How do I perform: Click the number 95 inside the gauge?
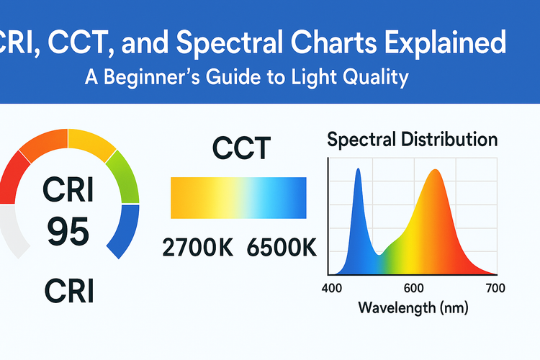pos(69,233)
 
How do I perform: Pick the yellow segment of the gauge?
pos(91,143)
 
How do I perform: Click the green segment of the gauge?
pos(123,177)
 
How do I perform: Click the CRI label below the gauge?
pos(68,293)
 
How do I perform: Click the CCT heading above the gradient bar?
pos(240,148)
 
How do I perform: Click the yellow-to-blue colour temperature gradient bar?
pos(238,197)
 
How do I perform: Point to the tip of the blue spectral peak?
pos(358,169)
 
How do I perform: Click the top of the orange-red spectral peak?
pos(434,171)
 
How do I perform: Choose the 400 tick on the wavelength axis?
pos(330,289)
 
